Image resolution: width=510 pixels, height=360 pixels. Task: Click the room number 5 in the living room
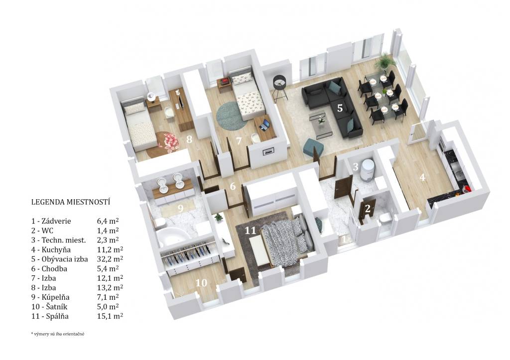340,108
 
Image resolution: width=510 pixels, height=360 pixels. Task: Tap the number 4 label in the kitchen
422,178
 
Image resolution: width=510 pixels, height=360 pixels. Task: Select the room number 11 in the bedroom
251,231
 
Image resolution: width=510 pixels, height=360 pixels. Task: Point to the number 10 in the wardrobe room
201,283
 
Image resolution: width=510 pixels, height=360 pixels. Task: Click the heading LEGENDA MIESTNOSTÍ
71,202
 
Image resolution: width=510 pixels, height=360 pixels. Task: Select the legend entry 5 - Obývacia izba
60,259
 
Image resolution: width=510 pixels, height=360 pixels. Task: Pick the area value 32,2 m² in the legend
110,259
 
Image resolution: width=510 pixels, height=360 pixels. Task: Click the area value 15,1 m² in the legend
110,316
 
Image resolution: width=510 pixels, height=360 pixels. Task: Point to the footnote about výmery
58,334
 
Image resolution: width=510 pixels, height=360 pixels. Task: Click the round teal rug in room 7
231,116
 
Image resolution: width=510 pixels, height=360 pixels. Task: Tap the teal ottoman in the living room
313,148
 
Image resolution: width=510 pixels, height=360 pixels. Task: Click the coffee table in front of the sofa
321,124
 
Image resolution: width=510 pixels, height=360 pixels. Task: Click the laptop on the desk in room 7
265,124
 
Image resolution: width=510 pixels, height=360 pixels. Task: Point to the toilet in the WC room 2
384,219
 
